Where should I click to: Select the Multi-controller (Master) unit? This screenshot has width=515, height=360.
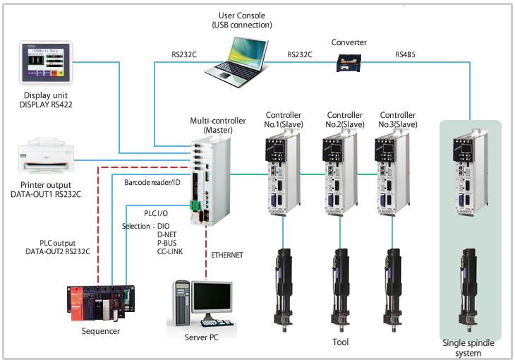coord(210,180)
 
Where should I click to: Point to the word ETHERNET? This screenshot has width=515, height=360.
coord(226,255)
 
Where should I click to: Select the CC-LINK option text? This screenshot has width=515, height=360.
coord(171,251)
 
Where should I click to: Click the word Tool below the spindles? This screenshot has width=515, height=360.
coord(340,342)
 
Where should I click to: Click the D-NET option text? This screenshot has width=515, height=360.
coord(169,234)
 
